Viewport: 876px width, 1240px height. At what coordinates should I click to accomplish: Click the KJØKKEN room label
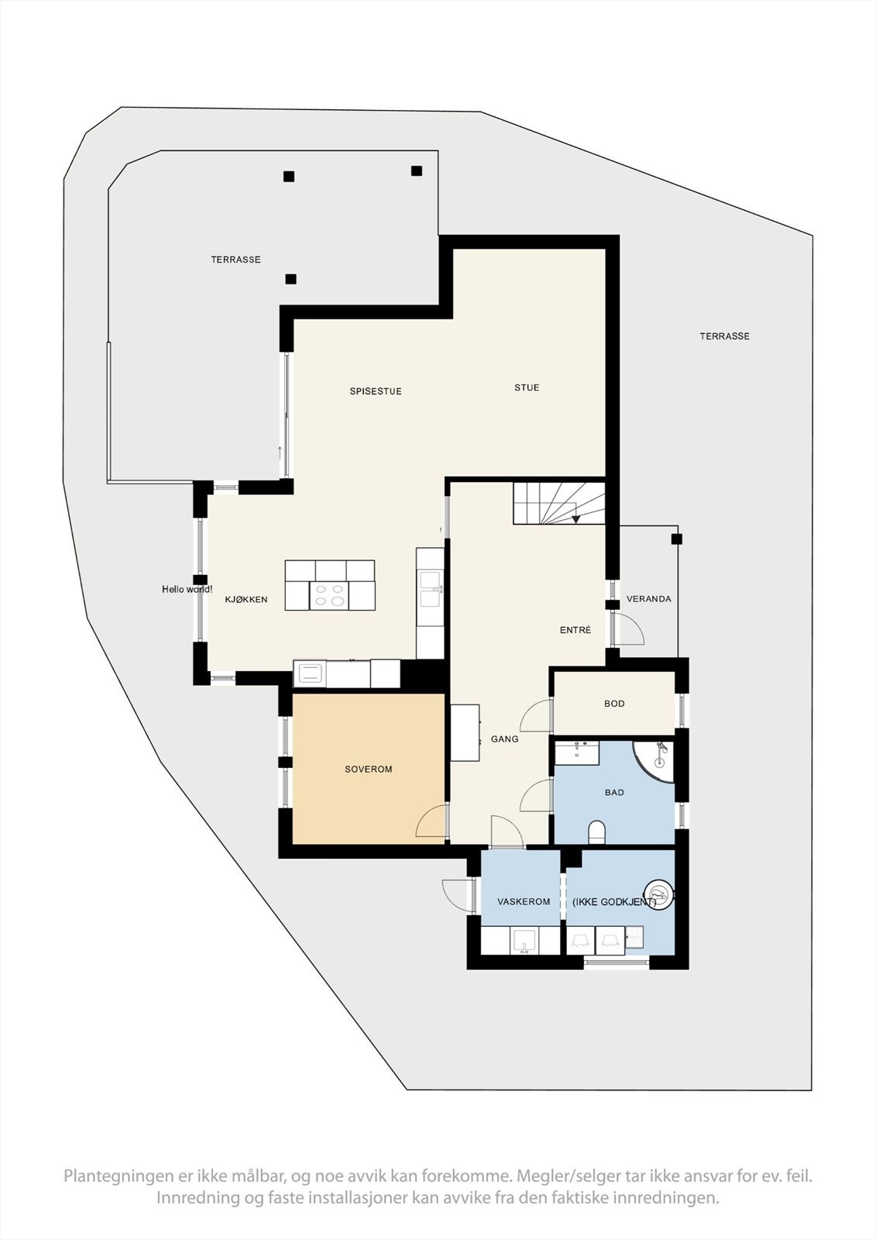tap(246, 599)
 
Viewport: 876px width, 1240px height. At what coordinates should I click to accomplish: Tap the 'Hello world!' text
tap(187, 590)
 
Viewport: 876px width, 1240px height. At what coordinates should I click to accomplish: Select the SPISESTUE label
tap(376, 391)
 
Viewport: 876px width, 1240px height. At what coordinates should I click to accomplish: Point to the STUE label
tap(527, 387)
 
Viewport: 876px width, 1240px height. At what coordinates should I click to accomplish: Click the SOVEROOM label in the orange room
tap(369, 770)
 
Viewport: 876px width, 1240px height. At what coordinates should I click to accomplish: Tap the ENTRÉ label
tap(575, 630)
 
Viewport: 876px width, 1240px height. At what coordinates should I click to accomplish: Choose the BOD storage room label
tap(614, 704)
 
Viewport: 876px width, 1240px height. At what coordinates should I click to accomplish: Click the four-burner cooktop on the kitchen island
tap(329, 595)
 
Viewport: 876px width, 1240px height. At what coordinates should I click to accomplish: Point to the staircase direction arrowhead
tap(576, 518)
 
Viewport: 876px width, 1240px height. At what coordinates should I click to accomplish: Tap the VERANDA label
tap(649, 599)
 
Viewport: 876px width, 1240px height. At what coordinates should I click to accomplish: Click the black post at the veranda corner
tap(676, 539)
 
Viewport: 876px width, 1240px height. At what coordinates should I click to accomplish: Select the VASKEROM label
tap(524, 901)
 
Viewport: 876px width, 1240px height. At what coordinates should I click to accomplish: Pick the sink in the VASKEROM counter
tap(524, 941)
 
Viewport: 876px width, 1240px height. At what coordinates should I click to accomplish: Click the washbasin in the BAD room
tap(576, 753)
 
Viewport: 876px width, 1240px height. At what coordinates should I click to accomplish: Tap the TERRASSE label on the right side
tap(725, 336)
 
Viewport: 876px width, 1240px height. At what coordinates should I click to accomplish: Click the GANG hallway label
tap(505, 739)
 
